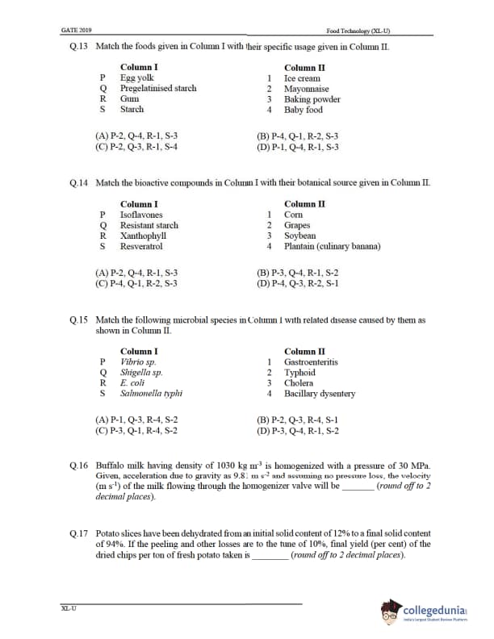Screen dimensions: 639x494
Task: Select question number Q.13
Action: (x=79, y=48)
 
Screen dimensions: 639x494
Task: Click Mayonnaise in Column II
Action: (x=306, y=89)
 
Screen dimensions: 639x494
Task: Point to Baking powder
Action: (x=309, y=99)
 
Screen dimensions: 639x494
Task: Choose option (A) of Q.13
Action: (x=136, y=137)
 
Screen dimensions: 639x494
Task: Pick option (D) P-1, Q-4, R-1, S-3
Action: (x=297, y=148)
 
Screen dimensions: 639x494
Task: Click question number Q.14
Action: (x=79, y=184)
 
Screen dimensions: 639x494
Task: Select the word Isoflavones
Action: (x=141, y=215)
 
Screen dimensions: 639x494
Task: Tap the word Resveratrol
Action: (x=141, y=246)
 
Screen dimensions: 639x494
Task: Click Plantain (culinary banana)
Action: (x=332, y=246)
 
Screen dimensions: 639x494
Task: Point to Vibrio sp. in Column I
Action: (x=138, y=362)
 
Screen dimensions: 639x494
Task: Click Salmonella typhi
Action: (x=151, y=394)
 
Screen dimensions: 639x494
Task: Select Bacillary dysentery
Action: (x=320, y=394)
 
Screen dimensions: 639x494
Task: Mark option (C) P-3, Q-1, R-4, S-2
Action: (x=136, y=431)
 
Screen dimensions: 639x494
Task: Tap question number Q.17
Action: (x=79, y=534)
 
